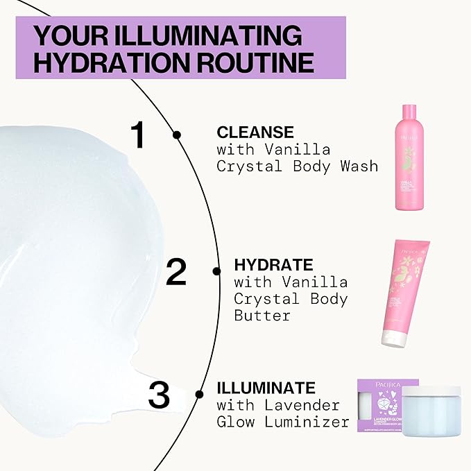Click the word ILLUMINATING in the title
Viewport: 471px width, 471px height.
[x=211, y=35]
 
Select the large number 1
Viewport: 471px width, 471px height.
[x=138, y=135]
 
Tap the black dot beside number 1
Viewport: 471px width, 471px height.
[x=177, y=135]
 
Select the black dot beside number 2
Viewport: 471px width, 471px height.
[x=216, y=271]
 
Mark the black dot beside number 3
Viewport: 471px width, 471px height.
[x=199, y=394]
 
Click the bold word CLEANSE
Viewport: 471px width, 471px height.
[x=255, y=132]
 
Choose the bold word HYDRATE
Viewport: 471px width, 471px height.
[x=273, y=265]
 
